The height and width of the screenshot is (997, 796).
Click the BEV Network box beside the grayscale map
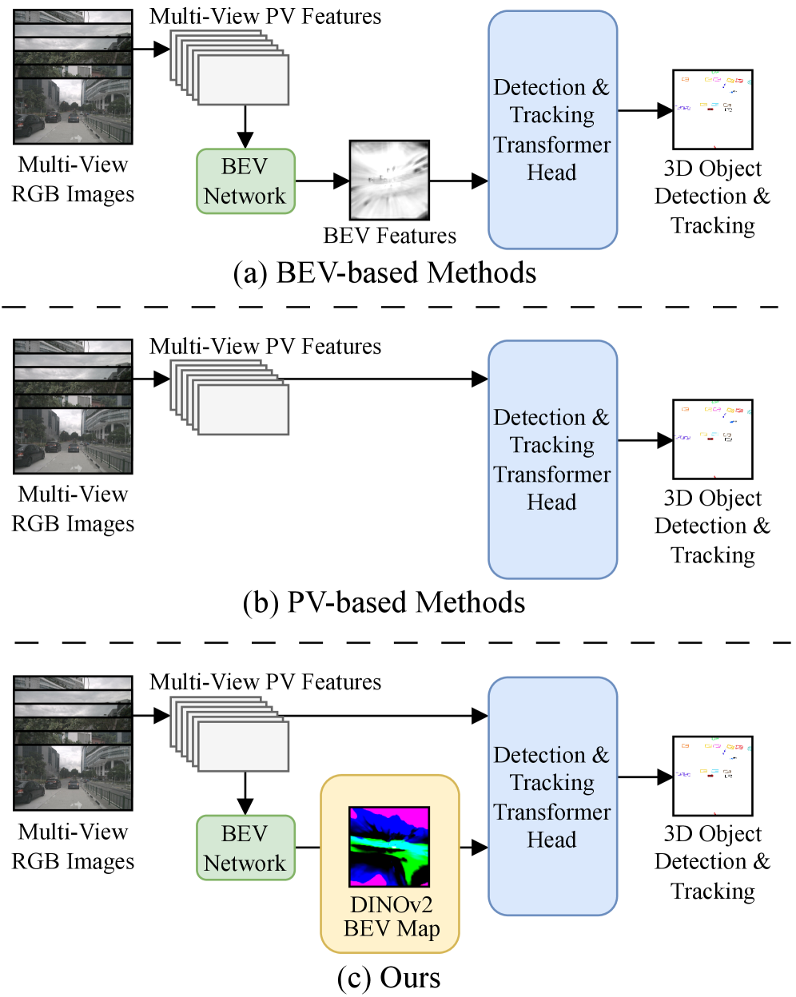tap(245, 181)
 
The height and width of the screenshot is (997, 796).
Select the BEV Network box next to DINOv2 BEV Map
tap(245, 848)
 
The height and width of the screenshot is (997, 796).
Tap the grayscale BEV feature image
tap(389, 180)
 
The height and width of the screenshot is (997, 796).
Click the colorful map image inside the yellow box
tap(389, 846)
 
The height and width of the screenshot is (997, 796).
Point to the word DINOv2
tap(391, 907)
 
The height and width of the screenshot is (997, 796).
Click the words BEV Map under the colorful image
tap(392, 929)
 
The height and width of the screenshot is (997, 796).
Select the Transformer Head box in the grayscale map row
tap(552, 130)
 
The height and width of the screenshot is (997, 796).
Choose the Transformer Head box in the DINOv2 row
tap(552, 796)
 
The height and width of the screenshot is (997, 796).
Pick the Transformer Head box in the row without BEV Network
tap(552, 459)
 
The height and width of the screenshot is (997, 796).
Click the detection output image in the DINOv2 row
tap(712, 776)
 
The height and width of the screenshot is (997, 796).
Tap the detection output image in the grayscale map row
tap(712, 109)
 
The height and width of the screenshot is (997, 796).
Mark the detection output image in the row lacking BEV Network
tap(712, 439)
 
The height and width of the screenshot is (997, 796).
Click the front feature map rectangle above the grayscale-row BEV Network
tap(243, 80)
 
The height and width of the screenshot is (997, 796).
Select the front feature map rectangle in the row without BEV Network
tap(243, 410)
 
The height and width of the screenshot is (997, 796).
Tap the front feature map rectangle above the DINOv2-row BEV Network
tap(243, 746)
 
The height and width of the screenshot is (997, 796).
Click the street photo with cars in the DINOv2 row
tap(72, 777)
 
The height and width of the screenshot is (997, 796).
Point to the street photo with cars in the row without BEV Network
tap(72, 440)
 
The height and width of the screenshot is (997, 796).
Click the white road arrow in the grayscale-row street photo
tap(77, 137)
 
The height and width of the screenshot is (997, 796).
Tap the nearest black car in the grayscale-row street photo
tap(30, 125)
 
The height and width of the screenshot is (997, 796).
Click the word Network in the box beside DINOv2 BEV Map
tap(245, 863)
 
